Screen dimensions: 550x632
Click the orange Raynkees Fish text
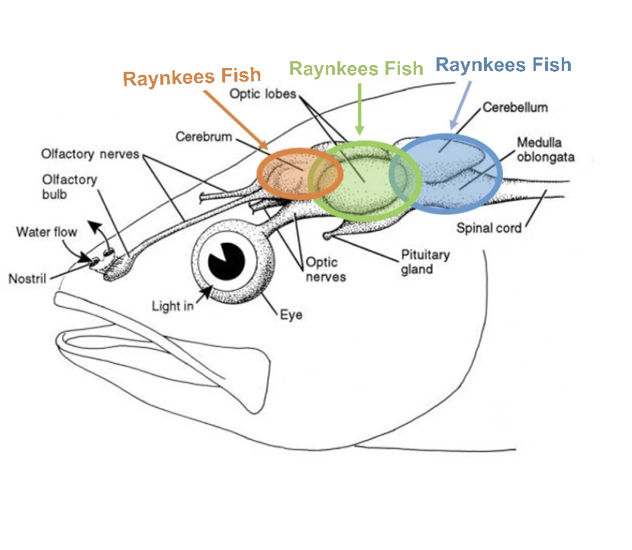pyautogui.click(x=192, y=77)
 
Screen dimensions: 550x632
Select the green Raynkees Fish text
pyautogui.click(x=356, y=69)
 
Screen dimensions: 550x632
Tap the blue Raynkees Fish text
pyautogui.click(x=503, y=65)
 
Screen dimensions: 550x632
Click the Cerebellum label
pyautogui.click(x=515, y=108)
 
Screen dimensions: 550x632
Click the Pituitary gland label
pyautogui.click(x=425, y=261)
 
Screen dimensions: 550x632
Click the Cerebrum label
pyautogui.click(x=205, y=137)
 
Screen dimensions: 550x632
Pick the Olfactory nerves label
pyautogui.click(x=90, y=154)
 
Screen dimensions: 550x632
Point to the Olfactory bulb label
pyautogui.click(x=69, y=186)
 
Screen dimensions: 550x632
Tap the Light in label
pyautogui.click(x=173, y=306)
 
